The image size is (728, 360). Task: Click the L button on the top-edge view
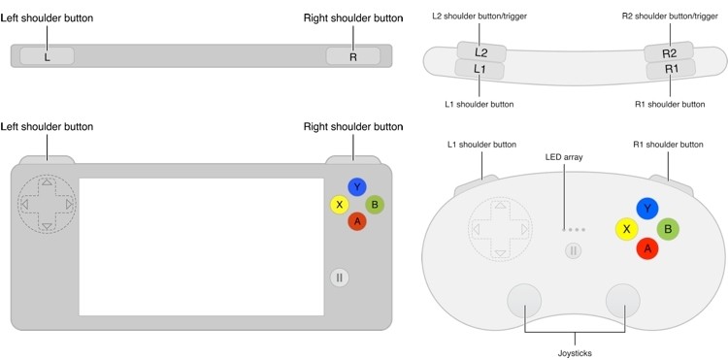pos(47,56)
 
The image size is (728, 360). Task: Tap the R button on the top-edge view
pos(352,56)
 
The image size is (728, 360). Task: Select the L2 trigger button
pos(481,52)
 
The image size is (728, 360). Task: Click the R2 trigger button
pos(669,52)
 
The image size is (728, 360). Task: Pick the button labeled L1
pos(480,70)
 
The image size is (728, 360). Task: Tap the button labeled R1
pos(671,70)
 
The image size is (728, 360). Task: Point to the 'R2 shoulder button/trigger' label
pos(669,16)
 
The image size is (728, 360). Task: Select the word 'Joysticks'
pos(576,353)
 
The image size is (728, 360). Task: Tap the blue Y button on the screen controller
pos(358,186)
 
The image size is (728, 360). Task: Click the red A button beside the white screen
pos(357,221)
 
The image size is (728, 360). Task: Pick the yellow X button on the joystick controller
pos(627,229)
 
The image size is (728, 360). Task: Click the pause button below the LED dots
pos(574,251)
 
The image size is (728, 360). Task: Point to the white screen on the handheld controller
pos(201,246)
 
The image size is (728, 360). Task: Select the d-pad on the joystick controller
pos(500,229)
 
